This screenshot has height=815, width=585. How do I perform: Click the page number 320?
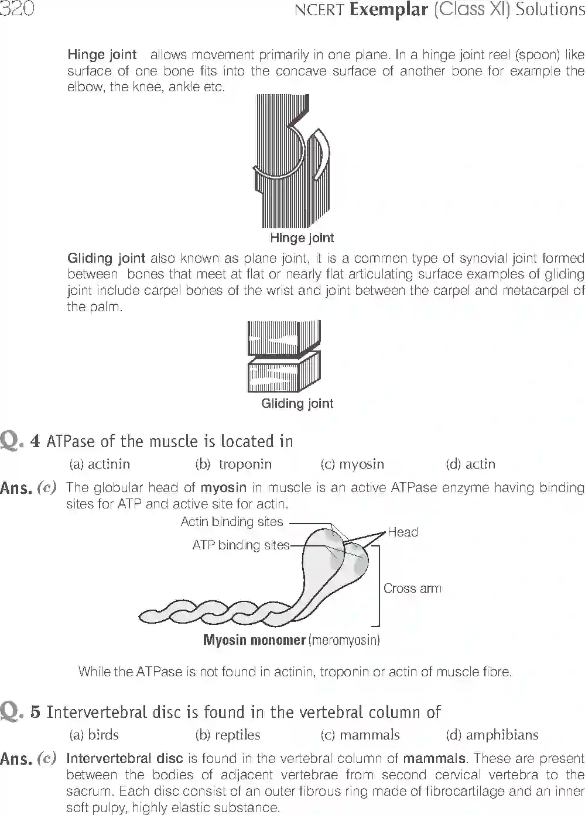point(16,10)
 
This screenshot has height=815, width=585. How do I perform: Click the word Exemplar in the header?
point(388,10)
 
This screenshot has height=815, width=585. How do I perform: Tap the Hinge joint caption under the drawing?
point(302,238)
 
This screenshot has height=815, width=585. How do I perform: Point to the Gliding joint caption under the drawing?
point(297,403)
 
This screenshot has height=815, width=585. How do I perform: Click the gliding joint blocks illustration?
point(284,356)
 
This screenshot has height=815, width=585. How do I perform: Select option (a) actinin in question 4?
point(100,464)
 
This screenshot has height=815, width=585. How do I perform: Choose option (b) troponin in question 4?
point(233,464)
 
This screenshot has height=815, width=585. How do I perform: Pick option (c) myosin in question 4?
point(352,464)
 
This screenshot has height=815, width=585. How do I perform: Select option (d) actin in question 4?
point(470,464)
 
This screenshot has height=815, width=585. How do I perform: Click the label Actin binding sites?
point(232,521)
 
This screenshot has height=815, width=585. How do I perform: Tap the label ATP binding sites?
point(241,545)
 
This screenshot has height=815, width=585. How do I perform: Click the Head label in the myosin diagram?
point(403,532)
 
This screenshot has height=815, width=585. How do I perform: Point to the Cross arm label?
point(412,588)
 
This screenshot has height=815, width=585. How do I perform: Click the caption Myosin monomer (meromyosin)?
point(291,639)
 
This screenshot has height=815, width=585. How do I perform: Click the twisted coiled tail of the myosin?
point(211,612)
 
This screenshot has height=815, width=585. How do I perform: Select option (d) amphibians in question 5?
point(492,735)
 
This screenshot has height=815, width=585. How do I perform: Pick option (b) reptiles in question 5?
point(228,735)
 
